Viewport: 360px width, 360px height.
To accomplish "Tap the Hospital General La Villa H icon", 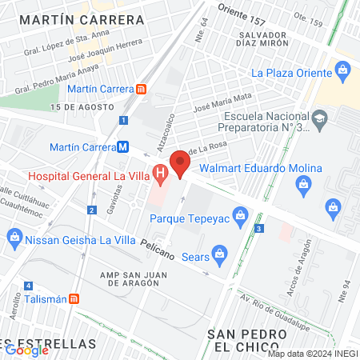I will point(160,172).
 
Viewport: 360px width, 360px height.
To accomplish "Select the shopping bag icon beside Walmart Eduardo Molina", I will point(304,186).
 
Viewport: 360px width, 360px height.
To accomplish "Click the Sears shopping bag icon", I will point(222,254).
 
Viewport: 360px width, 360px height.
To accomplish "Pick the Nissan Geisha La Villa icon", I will point(14,237).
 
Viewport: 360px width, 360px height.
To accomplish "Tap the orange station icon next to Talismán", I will point(74,298).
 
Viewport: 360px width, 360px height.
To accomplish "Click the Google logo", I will point(26,349).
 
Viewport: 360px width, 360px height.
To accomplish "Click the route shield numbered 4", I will point(28,286).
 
